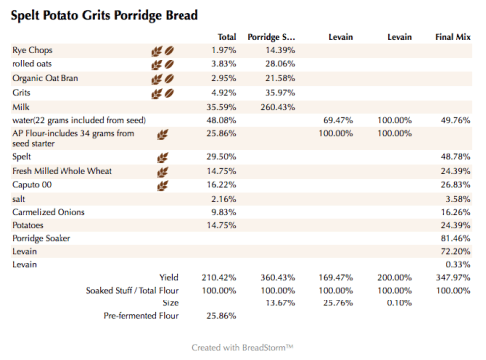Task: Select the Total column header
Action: [226, 37]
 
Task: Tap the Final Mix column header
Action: [452, 37]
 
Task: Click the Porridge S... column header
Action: [271, 37]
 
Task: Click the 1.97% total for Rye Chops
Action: [224, 50]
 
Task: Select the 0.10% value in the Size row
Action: [400, 302]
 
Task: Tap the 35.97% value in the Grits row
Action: [280, 92]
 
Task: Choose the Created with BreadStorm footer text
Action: [243, 348]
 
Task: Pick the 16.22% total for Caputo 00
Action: [222, 183]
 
